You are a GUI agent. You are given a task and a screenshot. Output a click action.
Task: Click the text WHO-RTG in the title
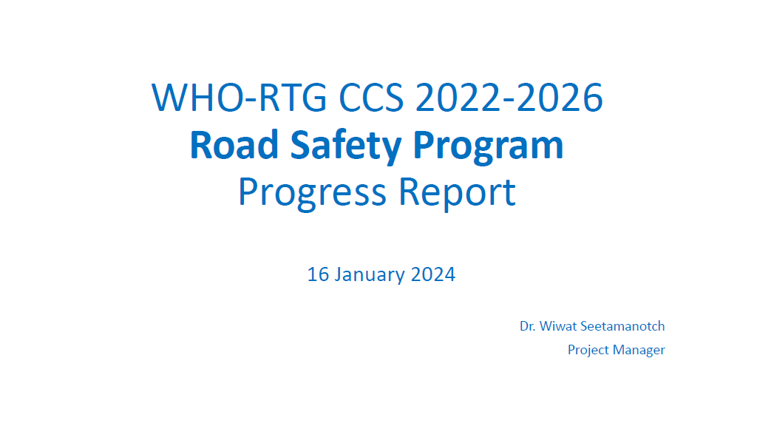pos(240,98)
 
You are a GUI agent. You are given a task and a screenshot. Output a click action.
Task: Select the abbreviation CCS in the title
pos(371,98)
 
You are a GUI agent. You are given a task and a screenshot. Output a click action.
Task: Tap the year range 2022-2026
pos(509,98)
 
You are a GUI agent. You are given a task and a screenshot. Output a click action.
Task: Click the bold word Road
pos(234,144)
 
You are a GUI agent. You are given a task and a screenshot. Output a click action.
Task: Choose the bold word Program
pos(488,147)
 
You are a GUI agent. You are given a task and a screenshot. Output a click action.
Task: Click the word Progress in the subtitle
pos(313,193)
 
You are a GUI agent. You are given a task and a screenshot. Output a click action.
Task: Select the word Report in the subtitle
pos(457,193)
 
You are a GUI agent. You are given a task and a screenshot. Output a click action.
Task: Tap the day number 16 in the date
pos(318,274)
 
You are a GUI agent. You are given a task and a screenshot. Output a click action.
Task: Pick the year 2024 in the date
pos(433,274)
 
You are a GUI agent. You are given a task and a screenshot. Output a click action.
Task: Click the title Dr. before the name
pos(527,326)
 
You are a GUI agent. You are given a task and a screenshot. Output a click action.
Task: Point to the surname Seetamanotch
pos(622,326)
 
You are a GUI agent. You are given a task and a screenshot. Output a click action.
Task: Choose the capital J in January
pos(337,274)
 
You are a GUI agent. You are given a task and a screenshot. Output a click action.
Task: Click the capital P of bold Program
pos(423,144)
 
